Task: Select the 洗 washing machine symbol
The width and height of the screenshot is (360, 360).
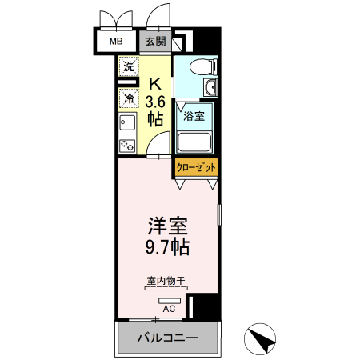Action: [128, 67]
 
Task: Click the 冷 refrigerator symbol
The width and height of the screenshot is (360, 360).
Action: [128, 98]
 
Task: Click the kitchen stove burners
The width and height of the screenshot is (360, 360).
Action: [126, 145]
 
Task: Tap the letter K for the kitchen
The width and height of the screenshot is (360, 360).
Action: [157, 82]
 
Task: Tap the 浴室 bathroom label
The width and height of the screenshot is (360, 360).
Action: [194, 116]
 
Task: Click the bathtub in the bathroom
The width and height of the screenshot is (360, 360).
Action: [194, 142]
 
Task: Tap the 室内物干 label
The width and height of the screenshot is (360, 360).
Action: [166, 281]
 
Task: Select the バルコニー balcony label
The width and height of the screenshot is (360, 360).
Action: [167, 338]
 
